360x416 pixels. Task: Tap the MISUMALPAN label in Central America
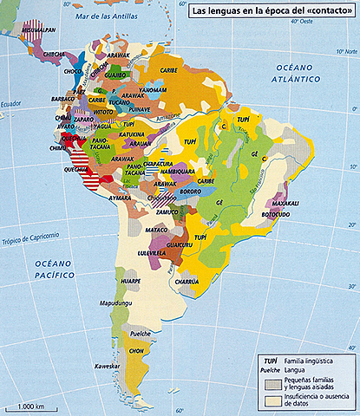coord(40,29)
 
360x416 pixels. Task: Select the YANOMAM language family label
coord(152,89)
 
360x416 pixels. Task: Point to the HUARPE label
coord(131,281)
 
